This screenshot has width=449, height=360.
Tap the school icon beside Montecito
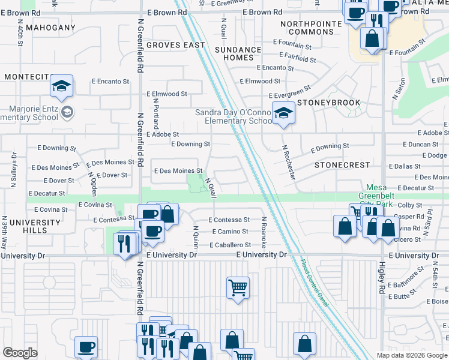[61, 86]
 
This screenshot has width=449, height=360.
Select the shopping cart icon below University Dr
[238, 288]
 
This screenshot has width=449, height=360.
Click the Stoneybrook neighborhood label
[329, 103]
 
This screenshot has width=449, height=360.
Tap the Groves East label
[176, 45]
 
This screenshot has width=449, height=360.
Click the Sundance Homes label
[238, 53]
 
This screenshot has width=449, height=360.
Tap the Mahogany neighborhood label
[49, 28]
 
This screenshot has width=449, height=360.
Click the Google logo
[20, 353]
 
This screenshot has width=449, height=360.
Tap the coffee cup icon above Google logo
[86, 346]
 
